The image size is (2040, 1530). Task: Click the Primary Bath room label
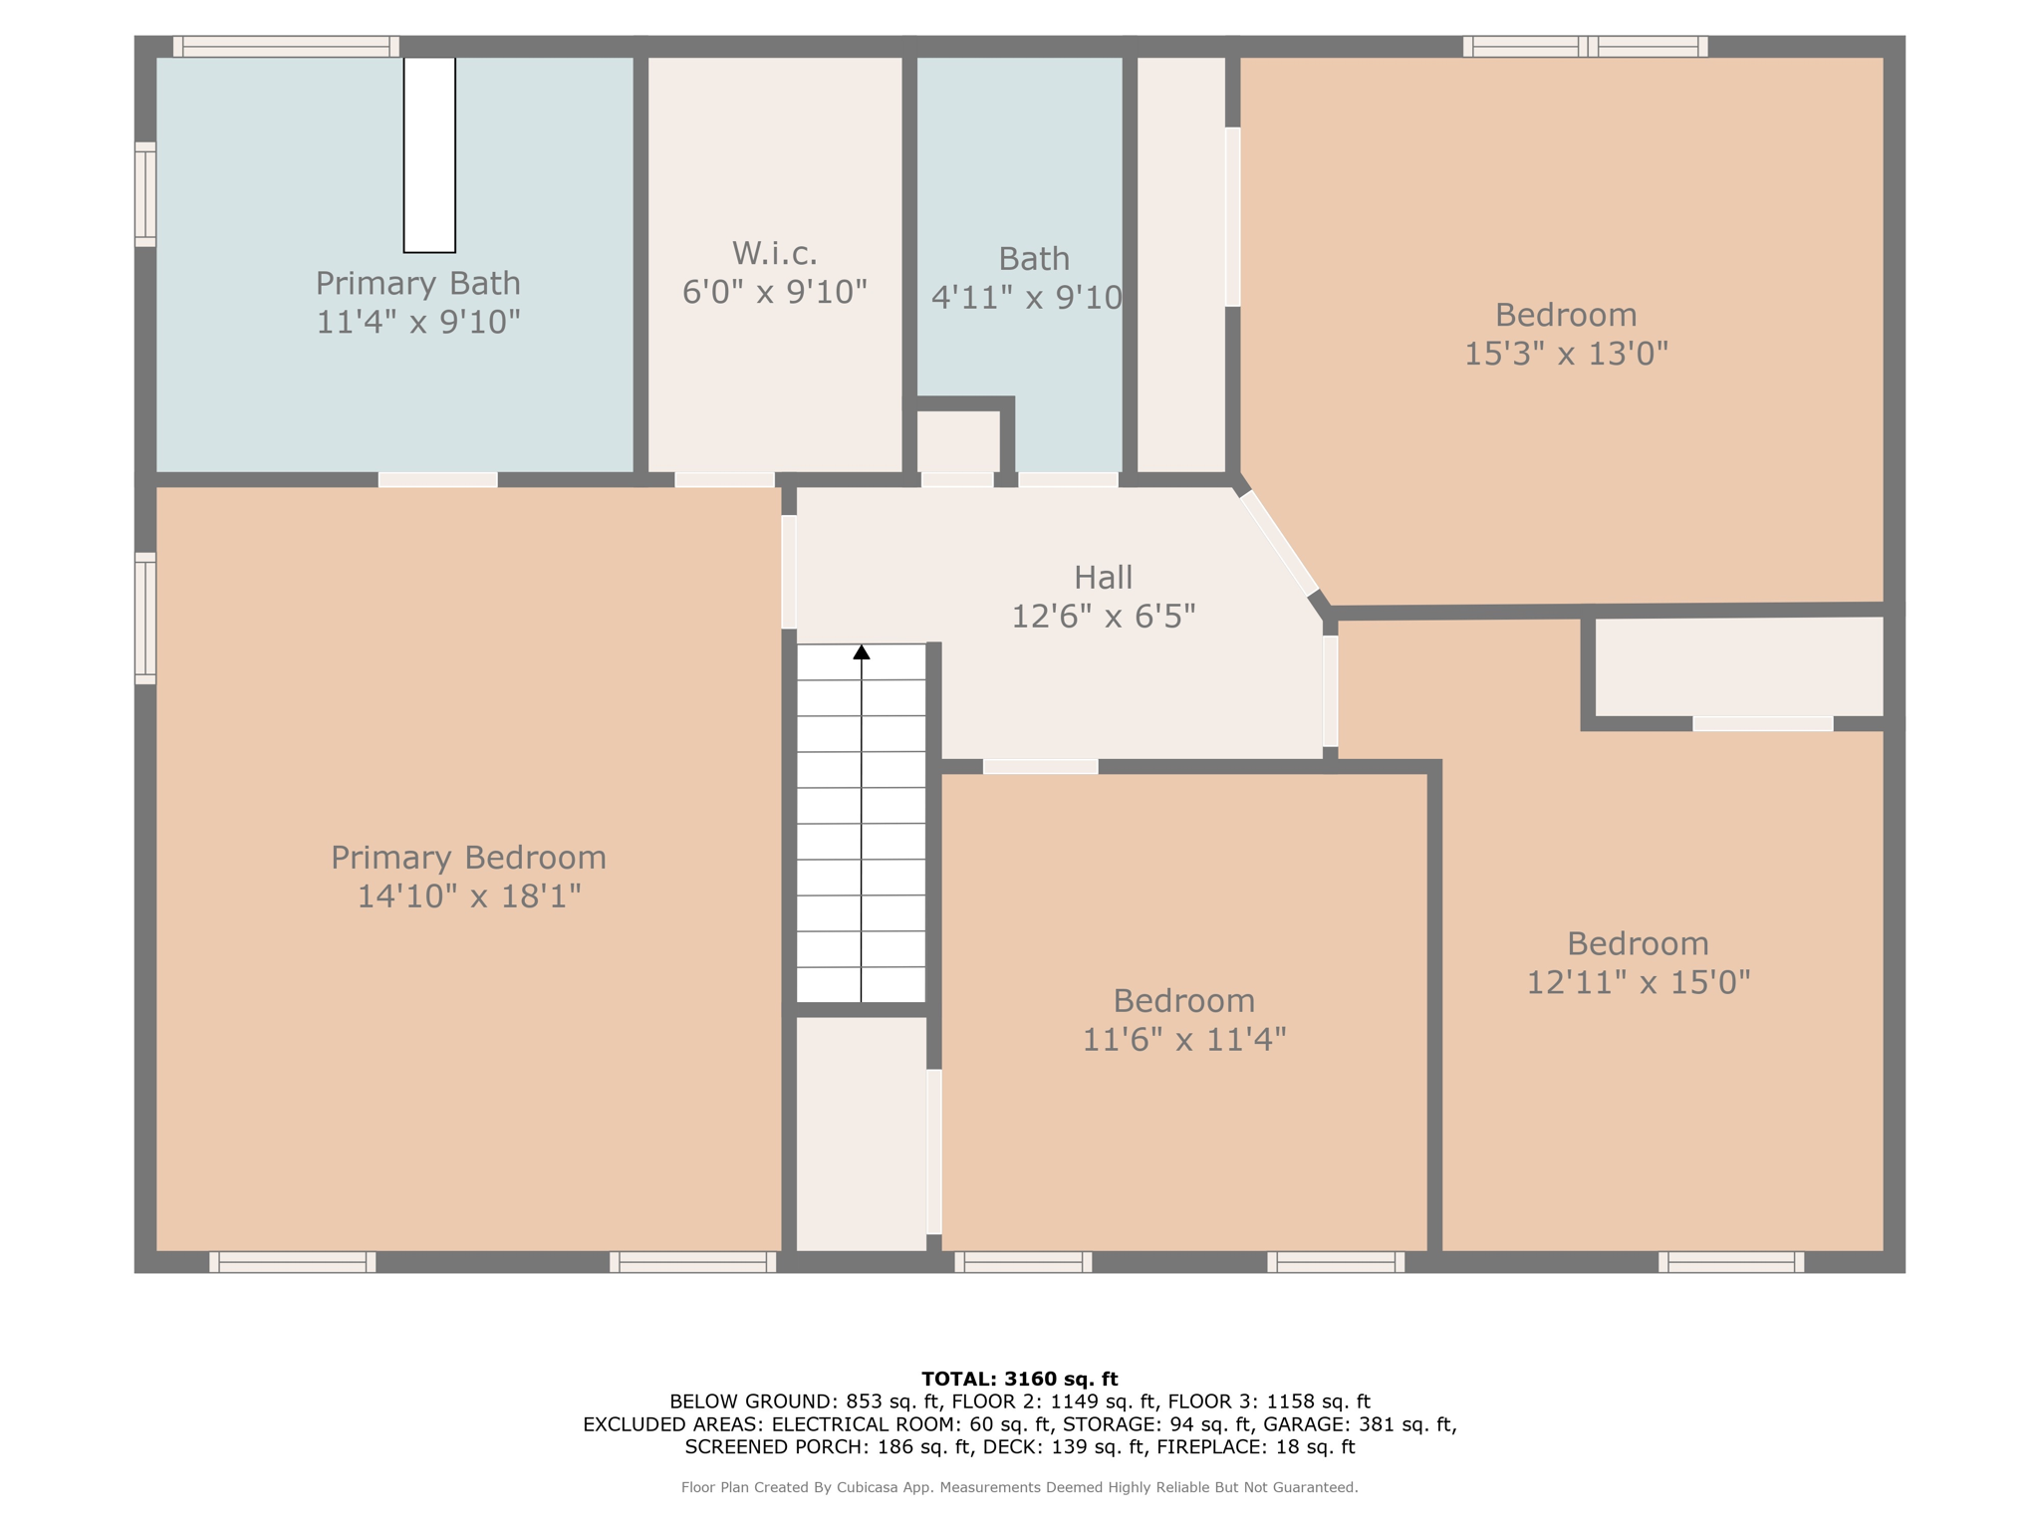click(x=418, y=284)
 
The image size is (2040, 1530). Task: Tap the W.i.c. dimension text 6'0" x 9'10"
click(x=775, y=292)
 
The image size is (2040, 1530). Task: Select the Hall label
click(x=1104, y=577)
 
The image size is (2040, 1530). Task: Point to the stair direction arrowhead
click(x=862, y=652)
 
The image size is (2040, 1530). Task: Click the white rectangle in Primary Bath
click(x=429, y=155)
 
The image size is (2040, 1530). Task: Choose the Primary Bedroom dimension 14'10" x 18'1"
click(x=469, y=896)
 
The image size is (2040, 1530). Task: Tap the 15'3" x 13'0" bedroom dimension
click(x=1566, y=354)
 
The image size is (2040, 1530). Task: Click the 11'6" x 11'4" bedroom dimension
click(x=1184, y=1040)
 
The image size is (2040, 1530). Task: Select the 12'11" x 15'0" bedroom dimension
click(x=1639, y=983)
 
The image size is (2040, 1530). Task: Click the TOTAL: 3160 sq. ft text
click(x=1020, y=1380)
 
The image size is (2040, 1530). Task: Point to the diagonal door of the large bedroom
click(x=1279, y=543)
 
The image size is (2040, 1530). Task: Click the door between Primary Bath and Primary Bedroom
click(x=438, y=480)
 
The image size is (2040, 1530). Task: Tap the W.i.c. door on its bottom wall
click(x=725, y=480)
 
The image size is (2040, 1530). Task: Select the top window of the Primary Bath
click(x=287, y=47)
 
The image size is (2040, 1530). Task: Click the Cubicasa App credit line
click(x=1020, y=1487)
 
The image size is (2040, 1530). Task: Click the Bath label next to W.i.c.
click(x=1034, y=259)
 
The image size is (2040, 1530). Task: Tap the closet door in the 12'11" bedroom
click(x=1763, y=724)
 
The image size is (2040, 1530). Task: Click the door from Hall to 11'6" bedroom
click(x=1041, y=767)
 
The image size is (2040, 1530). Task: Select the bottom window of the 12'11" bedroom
click(x=1731, y=1262)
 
